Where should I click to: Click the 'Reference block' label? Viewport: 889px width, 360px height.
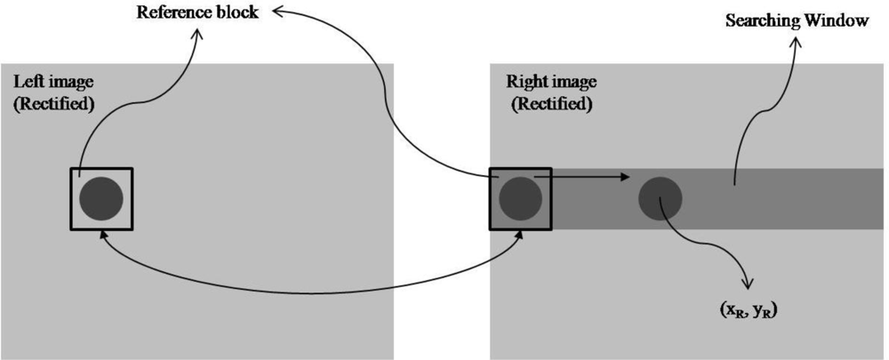[x=197, y=13]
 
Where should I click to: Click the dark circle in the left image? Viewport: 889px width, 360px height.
[x=100, y=199]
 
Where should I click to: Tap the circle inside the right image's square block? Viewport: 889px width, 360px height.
[x=520, y=199]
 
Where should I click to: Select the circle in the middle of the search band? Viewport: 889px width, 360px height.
[x=661, y=197]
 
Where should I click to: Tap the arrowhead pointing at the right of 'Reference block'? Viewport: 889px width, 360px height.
[x=276, y=11]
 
